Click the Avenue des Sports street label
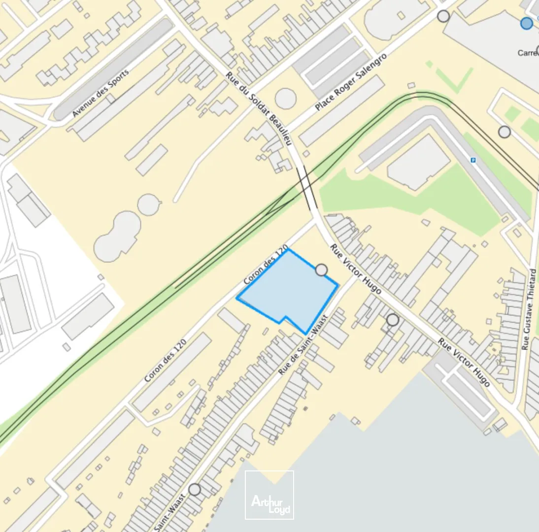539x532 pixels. pyautogui.click(x=101, y=93)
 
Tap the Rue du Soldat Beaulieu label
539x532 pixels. pyautogui.click(x=259, y=109)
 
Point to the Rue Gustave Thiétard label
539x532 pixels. pyautogui.click(x=529, y=309)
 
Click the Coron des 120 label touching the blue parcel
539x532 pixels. pyautogui.click(x=266, y=266)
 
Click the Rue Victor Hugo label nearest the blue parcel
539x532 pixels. pyautogui.click(x=355, y=269)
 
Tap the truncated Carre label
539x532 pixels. pyautogui.click(x=528, y=53)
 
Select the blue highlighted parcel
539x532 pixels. pyautogui.click(x=291, y=291)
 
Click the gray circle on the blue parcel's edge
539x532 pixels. pyautogui.click(x=321, y=270)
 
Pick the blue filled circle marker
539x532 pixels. pyautogui.click(x=527, y=23)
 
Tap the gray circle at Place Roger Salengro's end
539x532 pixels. pyautogui.click(x=443, y=16)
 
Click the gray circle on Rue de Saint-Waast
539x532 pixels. pyautogui.click(x=195, y=489)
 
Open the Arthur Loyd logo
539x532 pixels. pyautogui.click(x=269, y=495)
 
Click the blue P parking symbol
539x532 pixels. pyautogui.click(x=473, y=160)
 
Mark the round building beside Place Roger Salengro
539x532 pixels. pyautogui.click(x=285, y=99)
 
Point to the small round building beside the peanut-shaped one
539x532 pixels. pyautogui.click(x=149, y=204)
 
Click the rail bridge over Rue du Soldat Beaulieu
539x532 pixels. pyautogui.click(x=305, y=187)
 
